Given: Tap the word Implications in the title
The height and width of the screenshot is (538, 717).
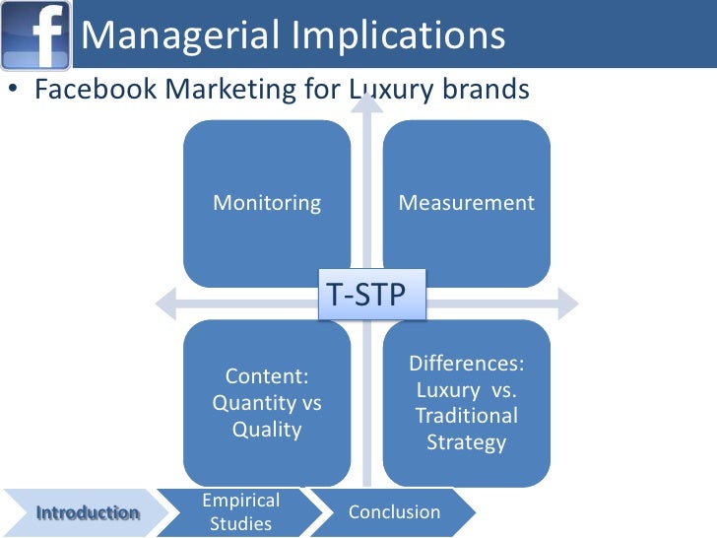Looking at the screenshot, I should coord(400,35).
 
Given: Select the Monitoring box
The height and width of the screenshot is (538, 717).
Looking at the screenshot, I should coord(267,204).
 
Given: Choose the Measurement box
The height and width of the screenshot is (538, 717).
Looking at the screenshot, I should coord(466,204).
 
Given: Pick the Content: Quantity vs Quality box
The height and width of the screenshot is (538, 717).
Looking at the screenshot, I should coord(267,403).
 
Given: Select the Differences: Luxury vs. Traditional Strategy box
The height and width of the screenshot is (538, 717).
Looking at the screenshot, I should coord(466,403).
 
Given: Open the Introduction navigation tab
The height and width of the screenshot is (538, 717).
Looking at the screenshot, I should coord(87,512).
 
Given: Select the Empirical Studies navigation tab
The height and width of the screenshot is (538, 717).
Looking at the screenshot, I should coord(241,512).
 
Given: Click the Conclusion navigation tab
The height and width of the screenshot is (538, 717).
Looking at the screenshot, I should coord(394,512).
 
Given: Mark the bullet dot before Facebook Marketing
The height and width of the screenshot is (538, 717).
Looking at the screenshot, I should coord(13,91).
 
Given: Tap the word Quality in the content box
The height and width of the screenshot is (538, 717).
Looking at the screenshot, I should coord(267,430).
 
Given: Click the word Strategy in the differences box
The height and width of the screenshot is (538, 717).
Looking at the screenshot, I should coord(466,442).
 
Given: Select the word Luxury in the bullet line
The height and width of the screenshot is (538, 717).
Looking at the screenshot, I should coord(384,91).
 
